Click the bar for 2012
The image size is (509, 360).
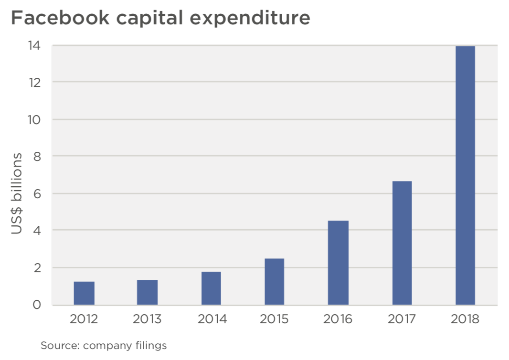(84, 293)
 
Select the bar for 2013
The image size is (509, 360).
(147, 292)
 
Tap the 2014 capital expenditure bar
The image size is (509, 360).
(211, 288)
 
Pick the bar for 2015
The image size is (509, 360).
(274, 282)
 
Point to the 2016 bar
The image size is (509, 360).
(338, 263)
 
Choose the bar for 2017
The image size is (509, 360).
(402, 243)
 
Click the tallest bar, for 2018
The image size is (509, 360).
(465, 175)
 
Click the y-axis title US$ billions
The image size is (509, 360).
(17, 193)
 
